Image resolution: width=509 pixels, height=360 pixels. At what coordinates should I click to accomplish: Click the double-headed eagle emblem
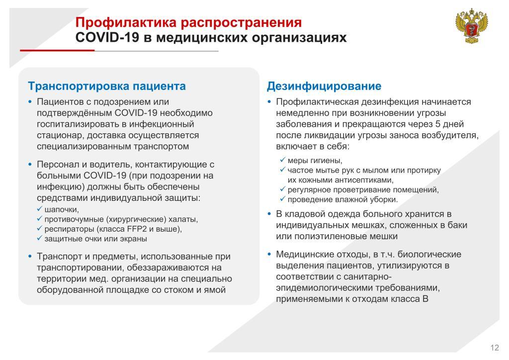click(x=472, y=26)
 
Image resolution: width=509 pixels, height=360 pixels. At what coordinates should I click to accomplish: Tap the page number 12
click(x=495, y=348)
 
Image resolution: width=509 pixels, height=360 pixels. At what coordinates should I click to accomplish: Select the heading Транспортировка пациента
click(x=107, y=86)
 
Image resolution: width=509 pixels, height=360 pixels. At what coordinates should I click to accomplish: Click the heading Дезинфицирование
click(x=324, y=86)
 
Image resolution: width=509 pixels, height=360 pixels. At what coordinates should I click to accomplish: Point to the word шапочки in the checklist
click(x=61, y=210)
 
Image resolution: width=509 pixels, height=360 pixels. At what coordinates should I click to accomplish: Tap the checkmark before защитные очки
click(x=40, y=238)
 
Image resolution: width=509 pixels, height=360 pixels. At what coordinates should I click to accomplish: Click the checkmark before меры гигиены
click(x=283, y=160)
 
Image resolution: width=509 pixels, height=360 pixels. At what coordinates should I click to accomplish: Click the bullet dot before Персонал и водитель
click(x=30, y=165)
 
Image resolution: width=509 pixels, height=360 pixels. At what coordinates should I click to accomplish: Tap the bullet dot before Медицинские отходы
click(x=269, y=254)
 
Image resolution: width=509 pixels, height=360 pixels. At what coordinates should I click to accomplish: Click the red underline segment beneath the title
click(x=57, y=50)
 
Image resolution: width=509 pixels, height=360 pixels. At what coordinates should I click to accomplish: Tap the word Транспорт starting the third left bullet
click(x=60, y=257)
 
